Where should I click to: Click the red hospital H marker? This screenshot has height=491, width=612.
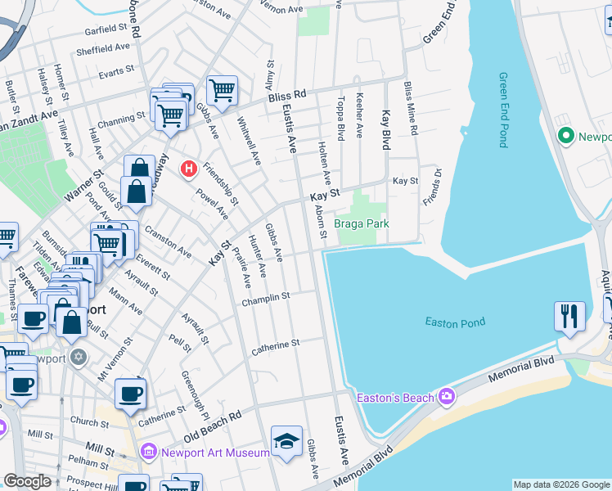point(189,169)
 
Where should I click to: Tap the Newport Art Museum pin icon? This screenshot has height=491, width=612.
point(148,452)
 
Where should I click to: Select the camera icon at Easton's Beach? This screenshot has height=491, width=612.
point(447,397)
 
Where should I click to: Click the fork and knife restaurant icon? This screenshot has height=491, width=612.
point(569,316)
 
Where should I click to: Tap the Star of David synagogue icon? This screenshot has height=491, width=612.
point(79,358)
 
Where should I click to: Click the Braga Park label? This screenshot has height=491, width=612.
point(361,223)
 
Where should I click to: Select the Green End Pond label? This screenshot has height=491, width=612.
point(503,110)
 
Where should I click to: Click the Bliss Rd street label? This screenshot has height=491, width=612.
point(286,96)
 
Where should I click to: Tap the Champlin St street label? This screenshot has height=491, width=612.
point(266,300)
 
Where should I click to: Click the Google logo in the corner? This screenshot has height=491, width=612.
point(27,481)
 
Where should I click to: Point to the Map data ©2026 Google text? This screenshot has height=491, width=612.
point(560,484)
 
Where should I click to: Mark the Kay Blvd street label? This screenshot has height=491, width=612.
point(385,129)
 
